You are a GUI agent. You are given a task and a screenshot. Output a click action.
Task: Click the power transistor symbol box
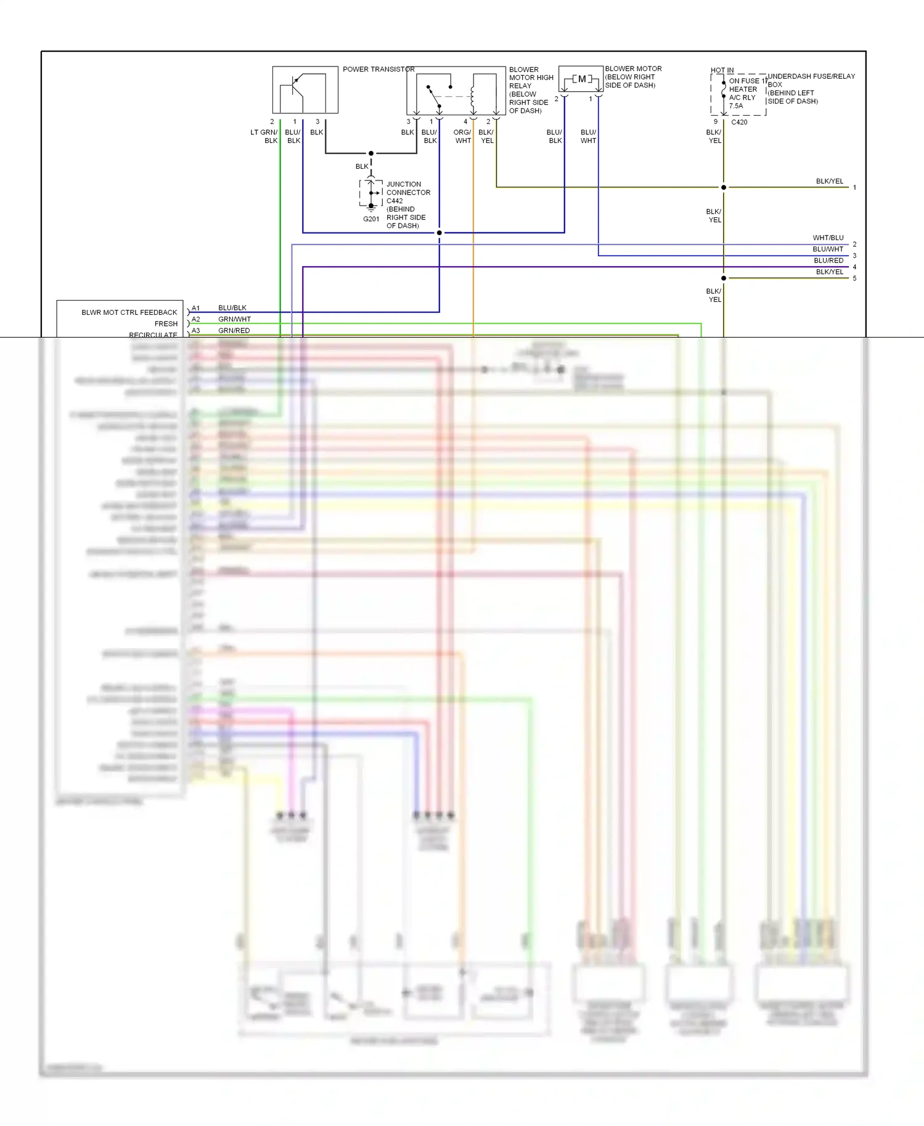(305, 90)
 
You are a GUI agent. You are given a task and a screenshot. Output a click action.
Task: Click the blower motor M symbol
(581, 79)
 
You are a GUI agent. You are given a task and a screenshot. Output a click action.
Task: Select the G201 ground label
(371, 219)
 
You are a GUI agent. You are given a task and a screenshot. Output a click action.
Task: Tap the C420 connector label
(739, 122)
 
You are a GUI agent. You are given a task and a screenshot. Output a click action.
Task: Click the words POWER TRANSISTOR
(378, 69)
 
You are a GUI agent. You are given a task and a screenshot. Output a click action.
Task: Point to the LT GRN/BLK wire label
(264, 136)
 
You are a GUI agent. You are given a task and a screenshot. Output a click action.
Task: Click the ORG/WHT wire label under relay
(462, 136)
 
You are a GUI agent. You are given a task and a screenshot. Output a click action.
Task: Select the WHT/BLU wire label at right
(827, 238)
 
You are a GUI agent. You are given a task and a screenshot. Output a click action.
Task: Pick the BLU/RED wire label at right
(828, 261)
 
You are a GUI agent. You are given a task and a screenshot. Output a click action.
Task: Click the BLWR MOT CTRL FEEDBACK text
(129, 312)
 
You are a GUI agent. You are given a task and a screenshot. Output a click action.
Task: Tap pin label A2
(195, 319)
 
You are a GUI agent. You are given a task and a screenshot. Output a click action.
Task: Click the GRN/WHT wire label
(234, 319)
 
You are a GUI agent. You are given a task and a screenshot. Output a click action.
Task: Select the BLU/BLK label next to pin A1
(232, 308)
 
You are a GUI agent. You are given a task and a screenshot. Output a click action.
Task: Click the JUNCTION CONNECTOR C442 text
(407, 192)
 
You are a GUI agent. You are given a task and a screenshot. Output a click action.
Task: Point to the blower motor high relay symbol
(456, 91)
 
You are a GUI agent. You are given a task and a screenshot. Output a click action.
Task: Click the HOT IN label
(722, 70)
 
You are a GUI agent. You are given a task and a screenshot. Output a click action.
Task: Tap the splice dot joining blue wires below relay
(439, 233)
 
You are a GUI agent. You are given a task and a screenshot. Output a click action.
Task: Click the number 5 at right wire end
(854, 278)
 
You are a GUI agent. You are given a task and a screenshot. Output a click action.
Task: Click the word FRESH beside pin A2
(166, 323)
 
